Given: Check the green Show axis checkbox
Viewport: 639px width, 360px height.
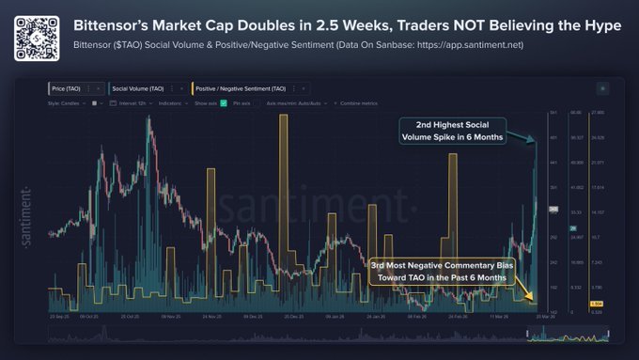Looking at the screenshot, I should click(x=224, y=102).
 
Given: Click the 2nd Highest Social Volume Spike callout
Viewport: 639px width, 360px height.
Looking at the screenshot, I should click(x=453, y=131).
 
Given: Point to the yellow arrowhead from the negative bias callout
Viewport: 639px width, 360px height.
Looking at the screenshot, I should click(x=535, y=300).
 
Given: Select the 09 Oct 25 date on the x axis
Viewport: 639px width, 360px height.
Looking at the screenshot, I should click(x=90, y=317).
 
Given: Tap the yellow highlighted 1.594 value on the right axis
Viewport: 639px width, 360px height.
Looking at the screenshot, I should click(x=596, y=304).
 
